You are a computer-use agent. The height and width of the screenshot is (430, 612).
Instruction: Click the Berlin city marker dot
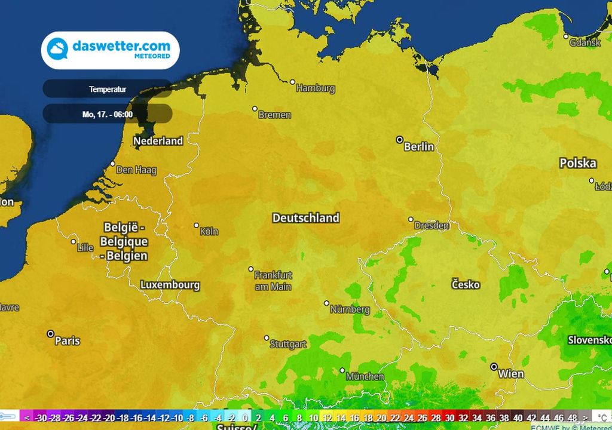pos(400,140)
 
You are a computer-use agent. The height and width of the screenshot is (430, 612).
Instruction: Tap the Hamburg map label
pos(316,88)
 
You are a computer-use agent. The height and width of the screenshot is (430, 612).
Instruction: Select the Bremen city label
pos(274,115)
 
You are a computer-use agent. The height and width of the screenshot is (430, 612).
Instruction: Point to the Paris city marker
pos(51,334)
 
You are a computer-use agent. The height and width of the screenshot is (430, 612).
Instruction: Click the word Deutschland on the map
pos(305,218)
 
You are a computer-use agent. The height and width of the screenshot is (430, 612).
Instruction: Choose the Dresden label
pos(432,226)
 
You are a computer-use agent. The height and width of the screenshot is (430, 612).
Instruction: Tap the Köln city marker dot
pos(197,226)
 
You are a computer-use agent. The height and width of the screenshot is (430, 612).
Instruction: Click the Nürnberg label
pos(350,310)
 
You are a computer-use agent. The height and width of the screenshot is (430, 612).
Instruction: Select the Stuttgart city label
pos(288,344)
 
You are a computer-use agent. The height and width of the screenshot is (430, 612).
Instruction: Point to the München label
pos(365,376)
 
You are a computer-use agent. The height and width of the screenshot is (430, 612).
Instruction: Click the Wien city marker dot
pos(494,367)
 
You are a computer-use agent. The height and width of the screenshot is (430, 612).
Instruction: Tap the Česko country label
pos(466,285)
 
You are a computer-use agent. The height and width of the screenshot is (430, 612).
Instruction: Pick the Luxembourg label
pos(170,285)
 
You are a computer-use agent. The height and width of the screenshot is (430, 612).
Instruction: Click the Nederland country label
pos(158,141)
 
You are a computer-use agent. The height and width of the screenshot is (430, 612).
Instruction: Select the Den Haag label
pos(136,170)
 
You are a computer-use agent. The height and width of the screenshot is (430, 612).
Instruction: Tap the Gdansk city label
pos(585,43)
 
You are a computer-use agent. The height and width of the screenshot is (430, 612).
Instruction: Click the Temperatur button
pos(107,89)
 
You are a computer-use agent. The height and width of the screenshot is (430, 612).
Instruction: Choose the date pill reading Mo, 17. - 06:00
pos(108,113)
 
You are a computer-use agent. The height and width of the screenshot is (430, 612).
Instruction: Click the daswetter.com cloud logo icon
pos(58,49)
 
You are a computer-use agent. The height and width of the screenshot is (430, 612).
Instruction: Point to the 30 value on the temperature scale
pos(450,418)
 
